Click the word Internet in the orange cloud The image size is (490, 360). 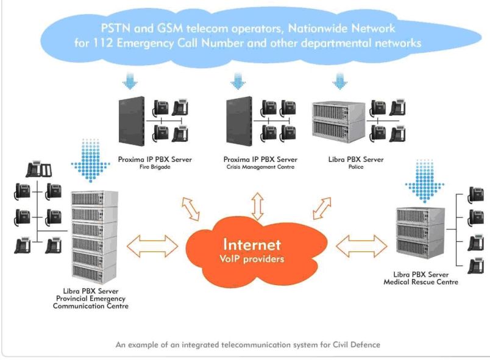click(252, 244)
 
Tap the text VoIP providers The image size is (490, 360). click(252, 259)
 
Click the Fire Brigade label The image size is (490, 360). click(155, 166)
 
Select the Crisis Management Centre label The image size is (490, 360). click(259, 166)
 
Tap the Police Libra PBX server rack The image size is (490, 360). click(338, 121)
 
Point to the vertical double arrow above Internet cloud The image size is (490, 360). click(258, 205)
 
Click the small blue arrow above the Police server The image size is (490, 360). click(339, 80)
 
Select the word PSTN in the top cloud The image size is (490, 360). click(116, 28)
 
